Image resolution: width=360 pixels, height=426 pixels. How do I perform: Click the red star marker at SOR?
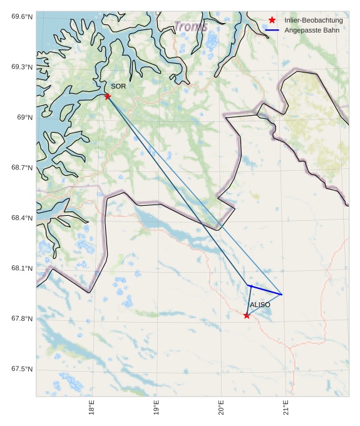108,96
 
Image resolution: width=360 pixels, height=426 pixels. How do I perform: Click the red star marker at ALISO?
247,316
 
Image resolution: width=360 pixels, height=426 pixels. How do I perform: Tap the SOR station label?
118,86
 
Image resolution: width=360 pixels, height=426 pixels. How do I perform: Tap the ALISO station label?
260,305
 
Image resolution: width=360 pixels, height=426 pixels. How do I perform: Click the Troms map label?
190,27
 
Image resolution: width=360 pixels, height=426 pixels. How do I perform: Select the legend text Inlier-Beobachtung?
313,21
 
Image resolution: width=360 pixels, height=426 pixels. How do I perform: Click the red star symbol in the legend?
272,21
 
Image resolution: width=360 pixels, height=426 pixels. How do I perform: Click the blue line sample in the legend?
272,30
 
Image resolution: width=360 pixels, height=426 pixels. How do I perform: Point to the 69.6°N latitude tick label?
21,16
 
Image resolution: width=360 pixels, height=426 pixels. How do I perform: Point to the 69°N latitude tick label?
24,118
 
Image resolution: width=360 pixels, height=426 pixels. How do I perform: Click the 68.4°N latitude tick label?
21,218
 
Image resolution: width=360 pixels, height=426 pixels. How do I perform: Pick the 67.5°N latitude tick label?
21,370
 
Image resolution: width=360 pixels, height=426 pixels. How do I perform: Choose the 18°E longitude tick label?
92,408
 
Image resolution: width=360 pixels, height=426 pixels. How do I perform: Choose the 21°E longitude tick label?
285,408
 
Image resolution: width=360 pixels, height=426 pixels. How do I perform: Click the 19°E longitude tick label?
157,408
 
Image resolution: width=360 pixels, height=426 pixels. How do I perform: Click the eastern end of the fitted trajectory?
282,295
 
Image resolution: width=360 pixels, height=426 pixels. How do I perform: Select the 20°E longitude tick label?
221,408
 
